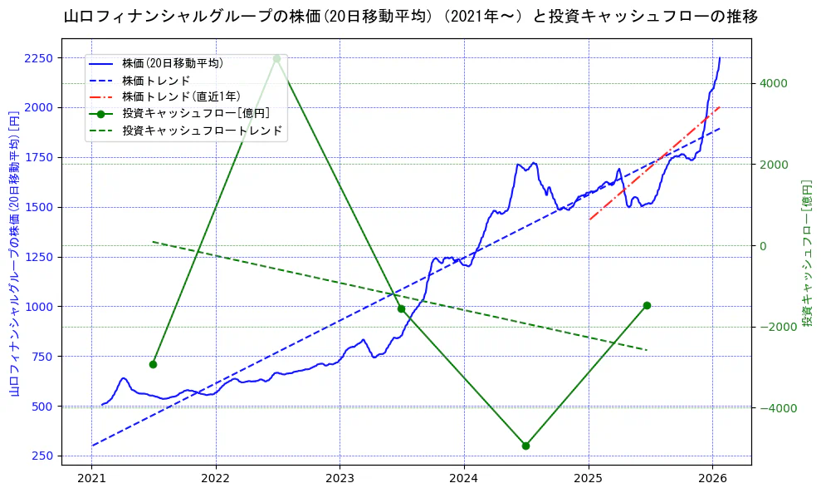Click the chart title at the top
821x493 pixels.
tap(410, 16)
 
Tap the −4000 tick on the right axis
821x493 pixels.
tap(772, 408)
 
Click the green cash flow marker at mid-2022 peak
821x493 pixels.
tap(276, 58)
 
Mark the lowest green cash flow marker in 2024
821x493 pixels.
tap(525, 446)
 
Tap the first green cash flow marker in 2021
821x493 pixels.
tap(153, 364)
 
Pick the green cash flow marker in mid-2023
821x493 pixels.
tap(401, 308)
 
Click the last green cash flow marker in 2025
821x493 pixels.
tap(647, 305)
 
